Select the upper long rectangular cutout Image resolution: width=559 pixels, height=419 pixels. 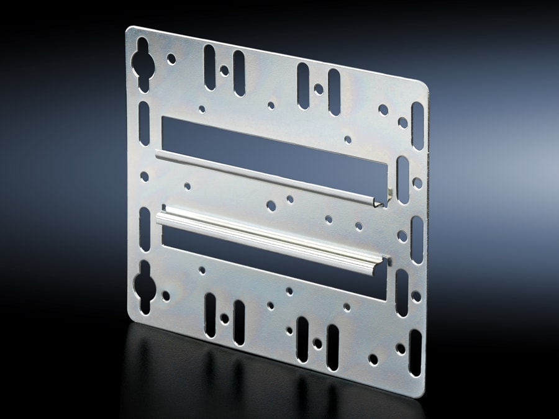tap(273, 148)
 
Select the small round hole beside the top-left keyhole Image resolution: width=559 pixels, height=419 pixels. tap(171, 59)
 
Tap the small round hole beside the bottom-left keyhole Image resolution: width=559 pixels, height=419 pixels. tap(166, 296)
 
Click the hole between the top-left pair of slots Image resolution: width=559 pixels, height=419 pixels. tap(224, 70)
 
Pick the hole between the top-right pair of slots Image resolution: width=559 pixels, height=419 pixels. tap(319, 89)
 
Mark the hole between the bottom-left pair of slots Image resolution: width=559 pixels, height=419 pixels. tap(224, 318)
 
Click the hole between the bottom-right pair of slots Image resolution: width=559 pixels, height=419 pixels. tap(317, 343)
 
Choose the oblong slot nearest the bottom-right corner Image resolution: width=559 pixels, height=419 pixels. tap(414, 345)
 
